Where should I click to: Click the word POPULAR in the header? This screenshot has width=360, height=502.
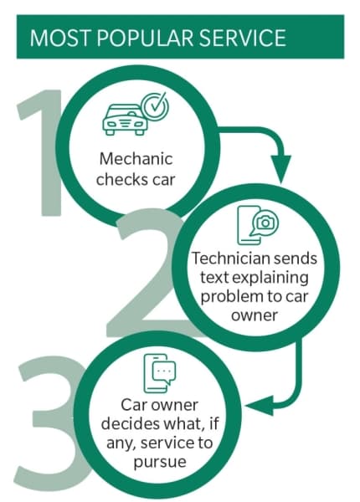click(x=145, y=38)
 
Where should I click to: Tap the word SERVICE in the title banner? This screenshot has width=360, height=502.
click(x=242, y=38)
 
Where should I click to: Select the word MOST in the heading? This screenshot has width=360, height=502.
click(x=61, y=38)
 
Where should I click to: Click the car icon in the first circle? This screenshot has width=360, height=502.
click(x=126, y=120)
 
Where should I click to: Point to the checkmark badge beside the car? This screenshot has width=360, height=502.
click(x=156, y=106)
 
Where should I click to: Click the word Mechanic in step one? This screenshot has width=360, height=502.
click(x=136, y=159)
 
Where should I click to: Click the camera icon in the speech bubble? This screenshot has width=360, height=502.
click(x=265, y=223)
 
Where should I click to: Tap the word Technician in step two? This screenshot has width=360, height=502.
click(x=226, y=258)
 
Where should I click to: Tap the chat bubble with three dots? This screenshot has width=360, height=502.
click(x=164, y=372)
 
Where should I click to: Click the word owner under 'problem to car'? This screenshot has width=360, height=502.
click(x=255, y=315)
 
